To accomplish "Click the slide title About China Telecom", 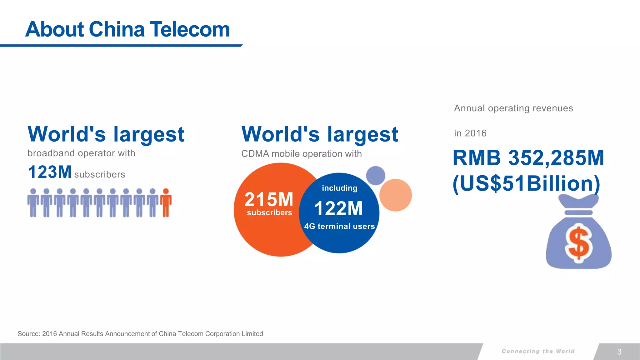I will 127,29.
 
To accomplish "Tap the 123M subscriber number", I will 50,172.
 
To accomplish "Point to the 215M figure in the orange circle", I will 269,199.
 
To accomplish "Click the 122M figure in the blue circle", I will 339,208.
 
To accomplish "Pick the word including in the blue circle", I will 339,188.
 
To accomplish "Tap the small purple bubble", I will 375,176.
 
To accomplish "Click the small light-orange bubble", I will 396,195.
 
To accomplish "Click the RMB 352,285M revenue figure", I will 528,158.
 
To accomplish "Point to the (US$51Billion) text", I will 527,183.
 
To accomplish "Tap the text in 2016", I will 470,133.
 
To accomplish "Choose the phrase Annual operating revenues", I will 513,108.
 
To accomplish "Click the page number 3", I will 619,352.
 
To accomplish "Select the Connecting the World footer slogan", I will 538,351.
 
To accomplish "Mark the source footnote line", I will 140,334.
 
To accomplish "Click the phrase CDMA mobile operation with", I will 302,154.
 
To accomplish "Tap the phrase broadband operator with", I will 81,153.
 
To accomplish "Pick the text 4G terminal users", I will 339,226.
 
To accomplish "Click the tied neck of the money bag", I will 579,212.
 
